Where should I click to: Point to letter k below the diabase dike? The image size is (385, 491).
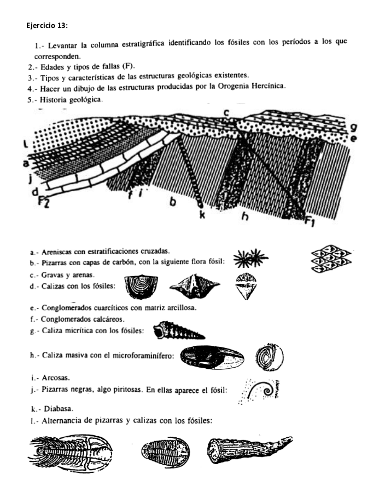[x=202, y=215]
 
